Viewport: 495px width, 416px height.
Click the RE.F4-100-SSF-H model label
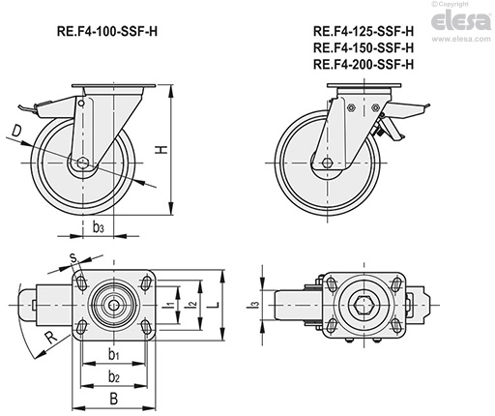coord(107,30)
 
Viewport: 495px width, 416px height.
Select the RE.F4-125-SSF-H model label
coord(364,30)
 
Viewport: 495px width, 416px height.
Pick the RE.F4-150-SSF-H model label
coord(364,47)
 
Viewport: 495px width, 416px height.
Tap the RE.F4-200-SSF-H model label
coord(364,65)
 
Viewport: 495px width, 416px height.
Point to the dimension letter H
coord(161,149)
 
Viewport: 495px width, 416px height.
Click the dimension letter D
coord(17,129)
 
